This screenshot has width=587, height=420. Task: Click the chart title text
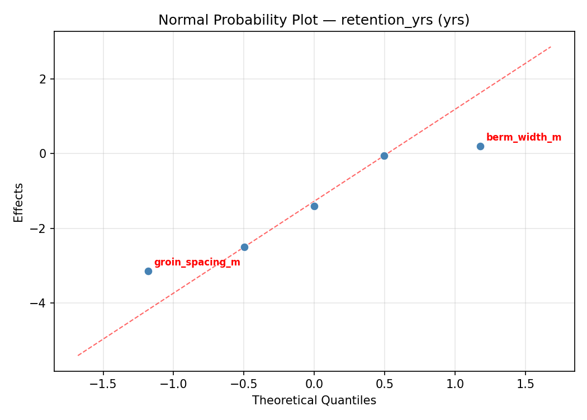coord(314,20)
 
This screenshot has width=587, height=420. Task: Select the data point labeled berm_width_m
coord(480,146)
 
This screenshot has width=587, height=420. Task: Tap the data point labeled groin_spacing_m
coord(148,271)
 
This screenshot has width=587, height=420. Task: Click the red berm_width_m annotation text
coord(523,138)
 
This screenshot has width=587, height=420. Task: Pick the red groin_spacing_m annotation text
coord(197,263)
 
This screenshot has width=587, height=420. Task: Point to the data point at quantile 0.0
coord(314,206)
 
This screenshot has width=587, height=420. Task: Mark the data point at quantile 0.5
coord(384,156)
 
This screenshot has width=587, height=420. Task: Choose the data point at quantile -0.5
coord(244,247)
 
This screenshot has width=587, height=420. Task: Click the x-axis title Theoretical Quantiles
coord(314,401)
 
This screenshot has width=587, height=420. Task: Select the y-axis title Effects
coord(19,202)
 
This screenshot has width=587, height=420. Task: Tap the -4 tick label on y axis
coord(40,303)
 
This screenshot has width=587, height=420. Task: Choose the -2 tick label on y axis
coord(40,228)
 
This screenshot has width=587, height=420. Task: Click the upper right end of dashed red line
coord(551,46)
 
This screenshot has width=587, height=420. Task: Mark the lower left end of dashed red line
coord(78,355)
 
